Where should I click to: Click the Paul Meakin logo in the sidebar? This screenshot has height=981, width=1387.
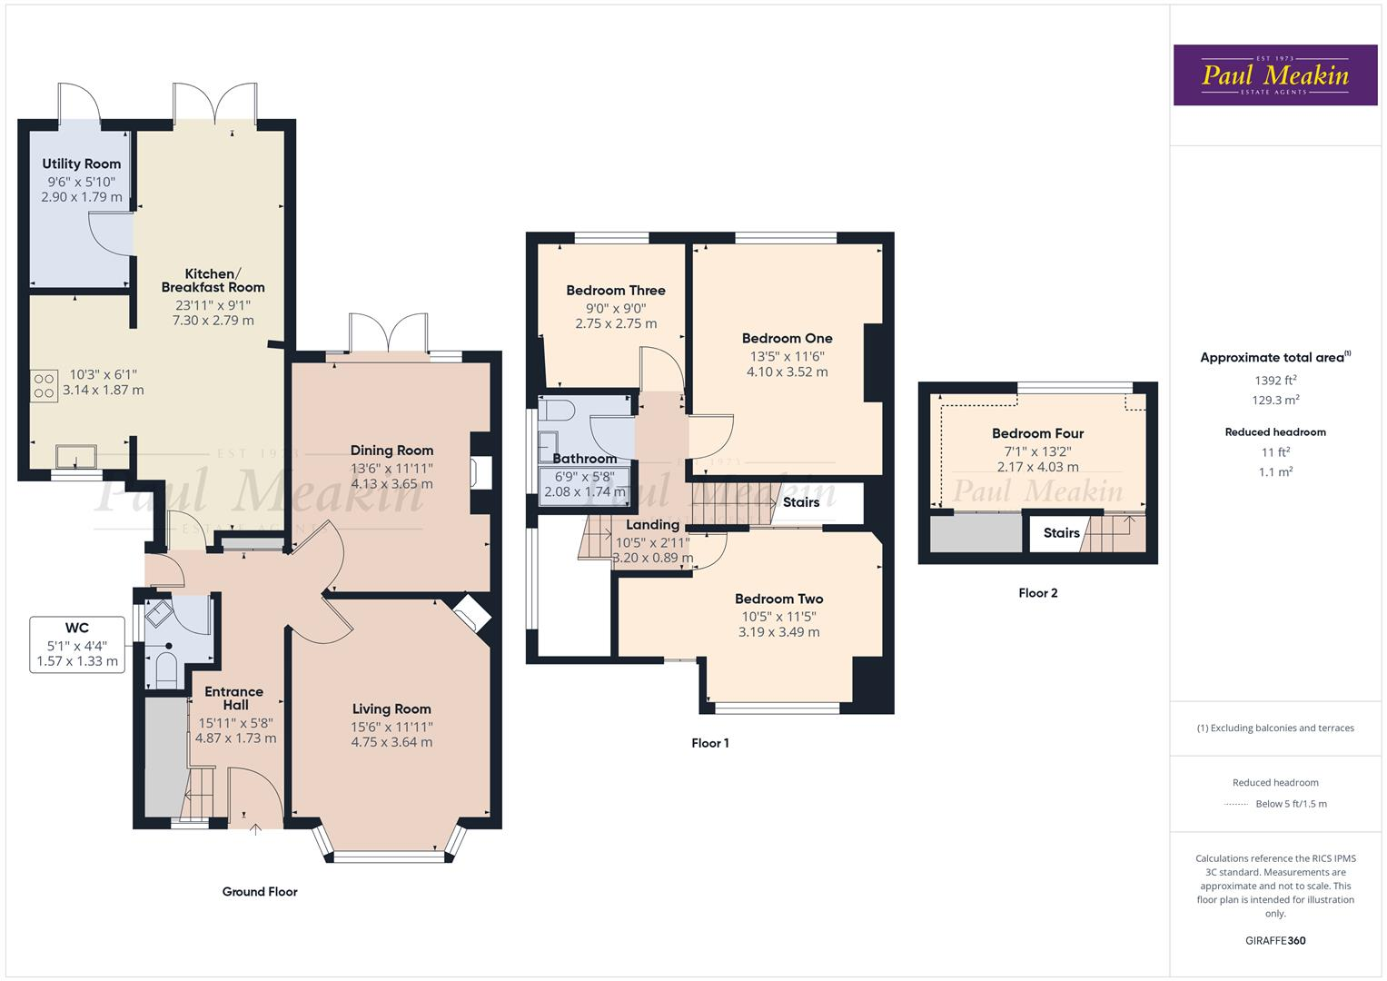pos(1275,75)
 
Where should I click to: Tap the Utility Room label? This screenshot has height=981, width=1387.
pos(81,163)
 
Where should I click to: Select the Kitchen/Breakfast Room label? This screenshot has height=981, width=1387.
pos(213,281)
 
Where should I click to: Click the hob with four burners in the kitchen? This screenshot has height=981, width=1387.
pos(43,386)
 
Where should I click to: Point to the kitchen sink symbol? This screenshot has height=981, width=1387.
pos(75,455)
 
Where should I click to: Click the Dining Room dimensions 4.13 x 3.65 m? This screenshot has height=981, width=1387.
pos(391,484)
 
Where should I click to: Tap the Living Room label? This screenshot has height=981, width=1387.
pos(391,709)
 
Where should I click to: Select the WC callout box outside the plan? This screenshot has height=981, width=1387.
pos(77,645)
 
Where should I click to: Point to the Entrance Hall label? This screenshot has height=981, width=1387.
pos(233,699)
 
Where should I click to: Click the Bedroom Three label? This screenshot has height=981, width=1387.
pos(616,291)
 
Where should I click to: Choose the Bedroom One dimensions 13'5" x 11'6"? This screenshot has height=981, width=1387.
pos(787,355)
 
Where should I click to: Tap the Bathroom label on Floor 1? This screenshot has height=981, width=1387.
pos(584,459)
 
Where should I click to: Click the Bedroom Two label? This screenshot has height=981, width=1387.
pos(778,599)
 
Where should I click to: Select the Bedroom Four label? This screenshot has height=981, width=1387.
pos(1037,434)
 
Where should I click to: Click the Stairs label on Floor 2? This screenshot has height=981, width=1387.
pos(1061,533)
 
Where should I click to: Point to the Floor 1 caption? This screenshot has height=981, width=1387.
pos(709,743)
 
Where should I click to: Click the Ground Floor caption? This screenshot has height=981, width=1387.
pos(260,892)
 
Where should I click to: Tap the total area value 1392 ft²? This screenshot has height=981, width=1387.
pos(1275,381)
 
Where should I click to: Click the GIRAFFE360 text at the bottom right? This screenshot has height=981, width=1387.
pos(1275,940)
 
